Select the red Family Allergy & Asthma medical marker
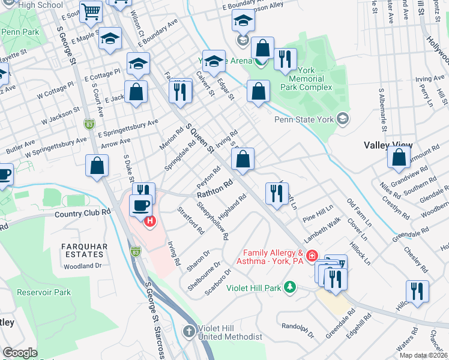coord(312,256)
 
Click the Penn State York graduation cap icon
coord(342,119)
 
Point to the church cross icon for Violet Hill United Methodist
coord(189,331)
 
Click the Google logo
coord(20,353)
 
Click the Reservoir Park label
coord(44,293)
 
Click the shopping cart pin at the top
coord(91,10)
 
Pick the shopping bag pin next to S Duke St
coord(97,165)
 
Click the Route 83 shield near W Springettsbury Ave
coord(89,124)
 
